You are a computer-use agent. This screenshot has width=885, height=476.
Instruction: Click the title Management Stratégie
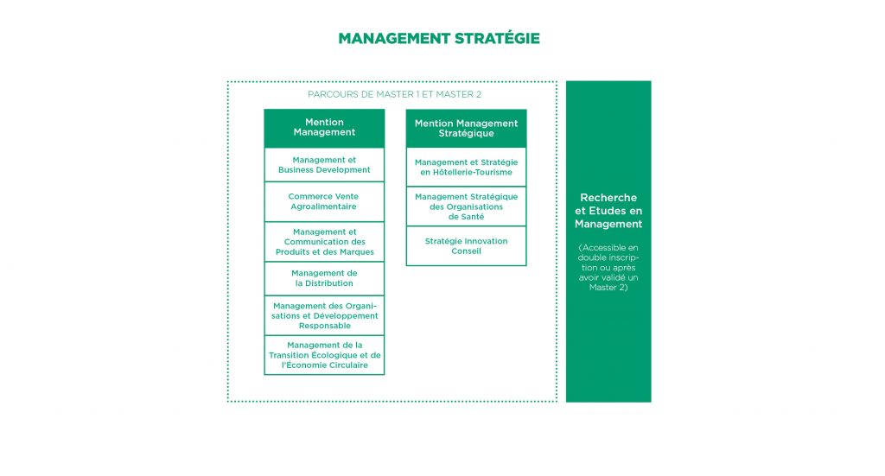(439, 38)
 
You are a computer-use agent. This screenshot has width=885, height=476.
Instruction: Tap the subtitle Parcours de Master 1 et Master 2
(394, 94)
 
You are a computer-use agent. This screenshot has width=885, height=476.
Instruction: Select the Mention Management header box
(324, 128)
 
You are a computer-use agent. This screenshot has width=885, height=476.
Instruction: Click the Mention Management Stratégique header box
(466, 128)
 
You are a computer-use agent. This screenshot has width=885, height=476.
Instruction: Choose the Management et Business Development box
(324, 165)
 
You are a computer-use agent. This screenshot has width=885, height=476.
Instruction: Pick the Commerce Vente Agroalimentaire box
(324, 201)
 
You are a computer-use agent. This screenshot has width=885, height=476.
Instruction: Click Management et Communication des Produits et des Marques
(324, 242)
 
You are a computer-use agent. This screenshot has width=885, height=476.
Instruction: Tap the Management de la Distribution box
(324, 279)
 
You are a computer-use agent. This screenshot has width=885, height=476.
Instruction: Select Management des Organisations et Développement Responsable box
(324, 316)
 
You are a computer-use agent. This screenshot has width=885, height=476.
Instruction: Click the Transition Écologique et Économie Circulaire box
(324, 355)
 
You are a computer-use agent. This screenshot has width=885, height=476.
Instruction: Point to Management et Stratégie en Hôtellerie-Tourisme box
(466, 167)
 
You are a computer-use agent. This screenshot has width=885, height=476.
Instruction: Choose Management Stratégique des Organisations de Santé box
(466, 206)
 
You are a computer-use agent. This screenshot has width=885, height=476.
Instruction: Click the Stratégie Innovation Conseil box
(466, 246)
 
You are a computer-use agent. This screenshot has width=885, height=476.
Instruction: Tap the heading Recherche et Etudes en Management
(608, 211)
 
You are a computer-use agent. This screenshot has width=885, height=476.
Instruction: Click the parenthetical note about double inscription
(608, 267)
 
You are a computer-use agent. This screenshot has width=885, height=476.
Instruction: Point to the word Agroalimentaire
(323, 206)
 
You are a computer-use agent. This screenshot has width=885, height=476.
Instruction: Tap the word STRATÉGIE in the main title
(497, 38)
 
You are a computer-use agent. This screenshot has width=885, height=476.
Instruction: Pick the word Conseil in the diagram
(466, 251)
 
